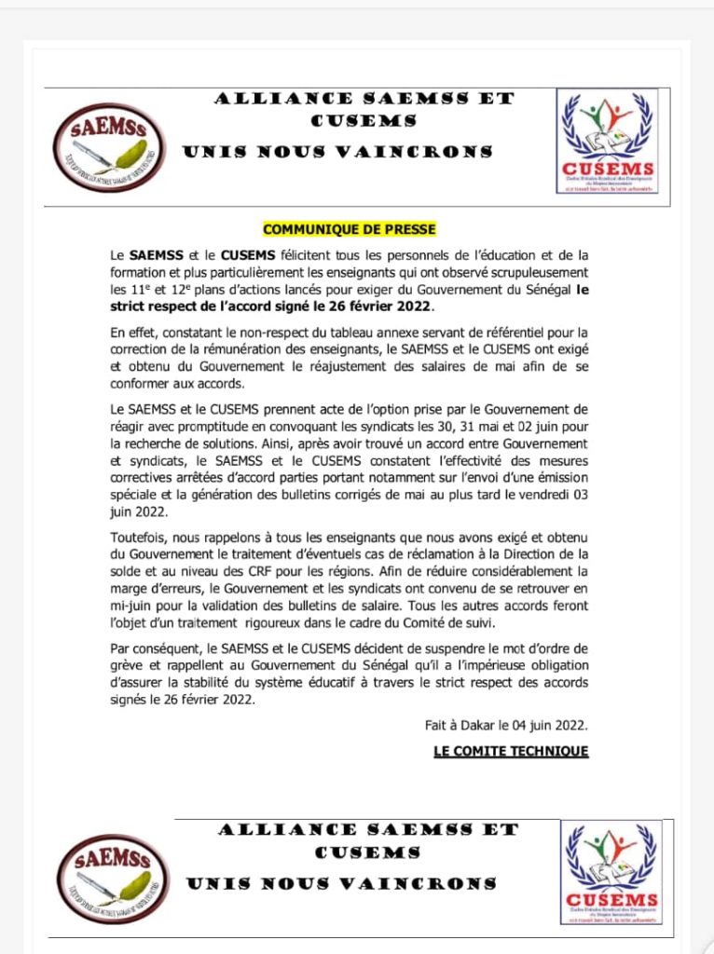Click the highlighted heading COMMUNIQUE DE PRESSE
point(350,229)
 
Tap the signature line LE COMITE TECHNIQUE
point(511,751)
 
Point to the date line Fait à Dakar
point(506,725)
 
